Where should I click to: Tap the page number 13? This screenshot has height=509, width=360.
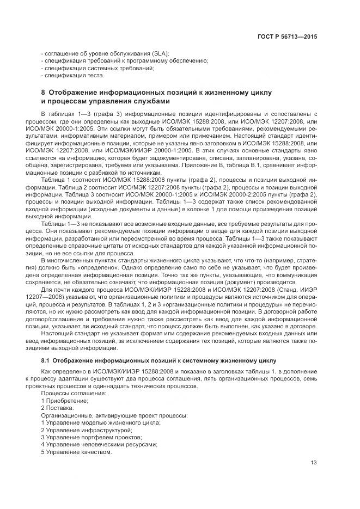[314, 463]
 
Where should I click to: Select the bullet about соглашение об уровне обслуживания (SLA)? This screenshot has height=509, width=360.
[105, 53]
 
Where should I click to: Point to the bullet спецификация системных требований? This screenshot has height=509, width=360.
[97, 69]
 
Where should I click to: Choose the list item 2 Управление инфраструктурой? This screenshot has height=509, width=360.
[79, 430]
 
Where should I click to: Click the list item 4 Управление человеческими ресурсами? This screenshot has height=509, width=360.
[91, 445]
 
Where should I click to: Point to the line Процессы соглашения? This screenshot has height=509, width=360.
[68, 393]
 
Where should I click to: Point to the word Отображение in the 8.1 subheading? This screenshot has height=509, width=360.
[77, 360]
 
